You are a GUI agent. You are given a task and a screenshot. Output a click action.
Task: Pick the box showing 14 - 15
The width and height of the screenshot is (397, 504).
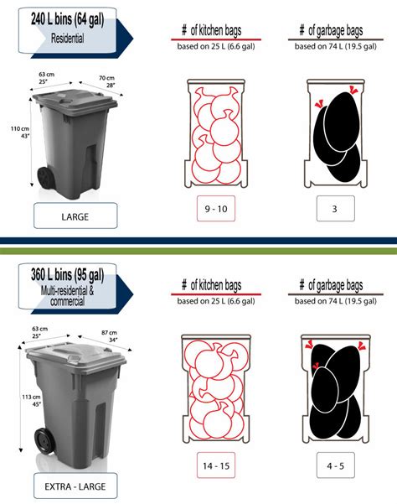coord(215,465)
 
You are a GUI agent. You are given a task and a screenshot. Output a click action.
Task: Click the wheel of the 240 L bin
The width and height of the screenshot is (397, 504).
coord(43,179)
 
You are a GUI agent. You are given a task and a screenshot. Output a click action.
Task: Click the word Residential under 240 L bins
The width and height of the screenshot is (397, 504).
coord(67,39)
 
